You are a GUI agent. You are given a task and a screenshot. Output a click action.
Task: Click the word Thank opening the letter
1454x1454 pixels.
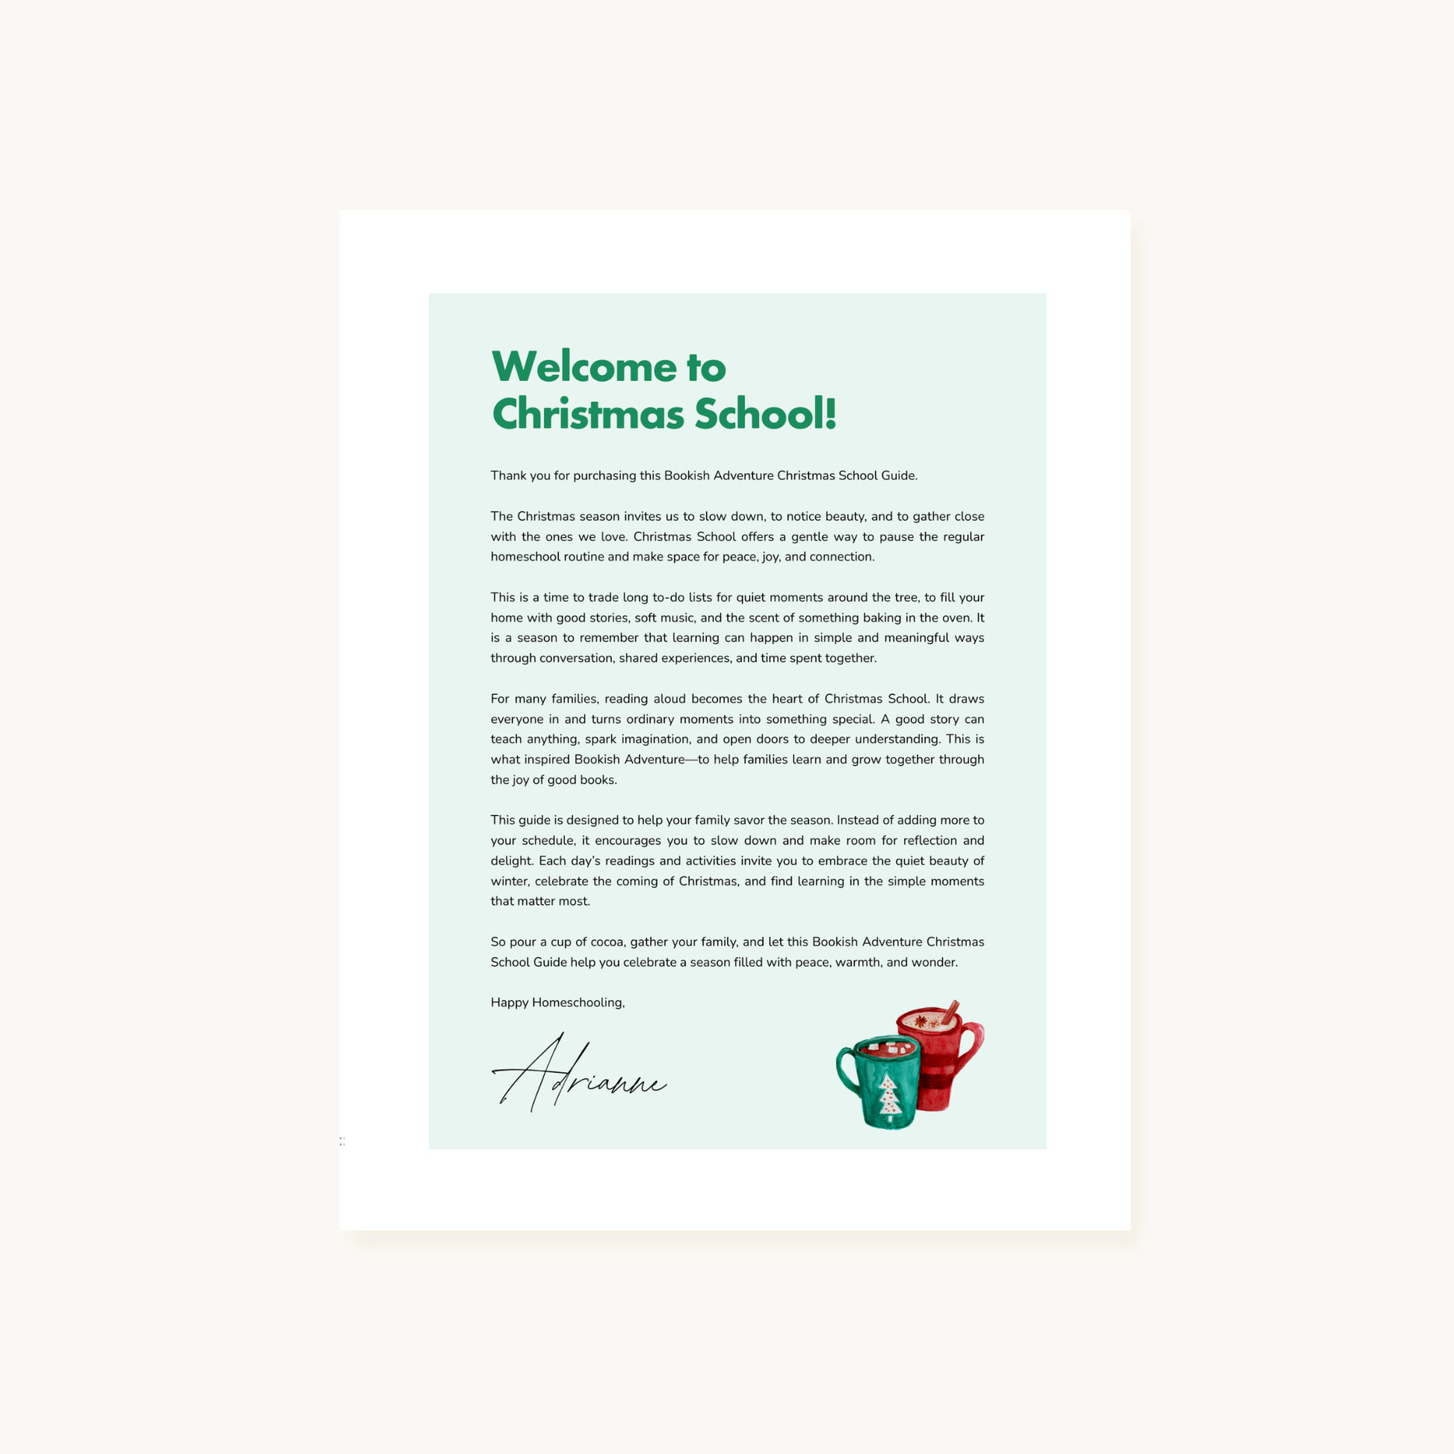[x=507, y=476]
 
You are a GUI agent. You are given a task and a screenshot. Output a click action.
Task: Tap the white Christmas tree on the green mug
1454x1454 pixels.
[x=890, y=1099]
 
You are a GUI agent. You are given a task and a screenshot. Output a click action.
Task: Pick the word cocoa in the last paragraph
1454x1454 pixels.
[x=607, y=942]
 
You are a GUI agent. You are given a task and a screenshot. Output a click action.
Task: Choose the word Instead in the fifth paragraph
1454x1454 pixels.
[x=859, y=820]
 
